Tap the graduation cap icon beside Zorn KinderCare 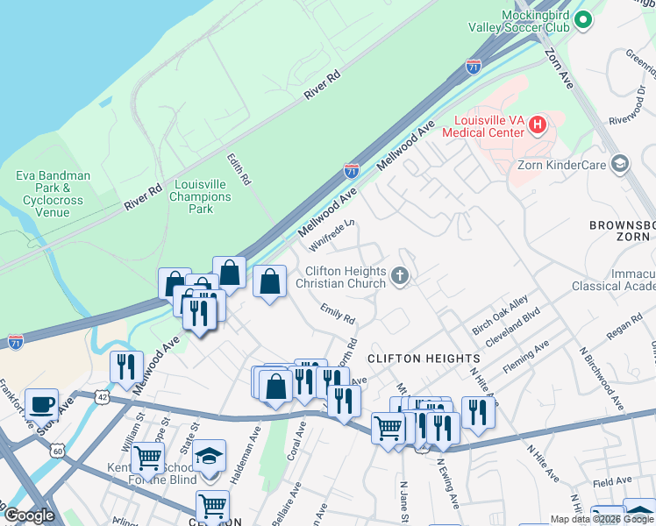(620, 164)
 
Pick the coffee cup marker (41, 405)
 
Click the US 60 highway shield (58, 451)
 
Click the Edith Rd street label (239, 169)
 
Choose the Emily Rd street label (337, 312)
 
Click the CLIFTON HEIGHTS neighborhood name (424, 359)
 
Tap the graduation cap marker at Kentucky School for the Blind (209, 457)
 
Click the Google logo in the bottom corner (29, 515)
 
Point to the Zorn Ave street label (558, 66)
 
